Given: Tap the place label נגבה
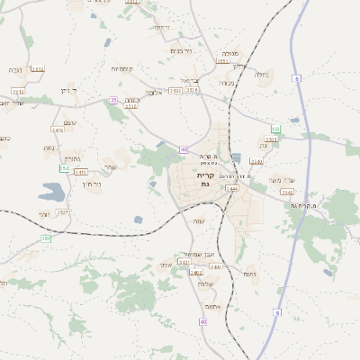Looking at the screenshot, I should [15, 69].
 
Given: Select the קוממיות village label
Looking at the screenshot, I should [123, 69].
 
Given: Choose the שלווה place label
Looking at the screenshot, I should [206, 283].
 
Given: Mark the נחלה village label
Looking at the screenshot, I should [262, 74].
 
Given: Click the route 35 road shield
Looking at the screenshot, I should [113, 100].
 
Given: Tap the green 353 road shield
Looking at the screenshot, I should [47, 238].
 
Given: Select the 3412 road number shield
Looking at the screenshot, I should [38, 68].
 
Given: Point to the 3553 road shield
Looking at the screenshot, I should [223, 61].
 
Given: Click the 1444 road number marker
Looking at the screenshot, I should [231, 189].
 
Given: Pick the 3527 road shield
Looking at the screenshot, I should [62, 212].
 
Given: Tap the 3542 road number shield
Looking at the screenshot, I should [287, 192].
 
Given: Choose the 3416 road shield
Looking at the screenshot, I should [58, 131].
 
